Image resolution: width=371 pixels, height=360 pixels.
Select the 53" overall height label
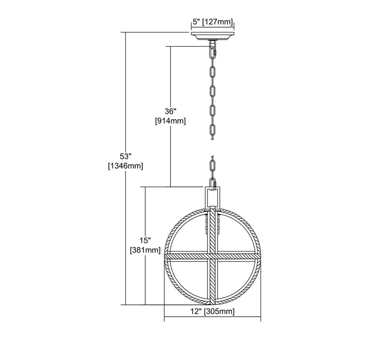point(125,156)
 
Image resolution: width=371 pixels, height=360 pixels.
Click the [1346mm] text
point(125,166)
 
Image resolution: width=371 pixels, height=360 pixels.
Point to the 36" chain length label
point(171,111)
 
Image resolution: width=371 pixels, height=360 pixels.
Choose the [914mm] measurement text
point(171,121)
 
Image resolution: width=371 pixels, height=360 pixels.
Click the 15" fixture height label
point(145,241)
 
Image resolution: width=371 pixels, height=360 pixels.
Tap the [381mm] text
point(145,250)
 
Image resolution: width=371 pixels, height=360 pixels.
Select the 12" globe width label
point(197,311)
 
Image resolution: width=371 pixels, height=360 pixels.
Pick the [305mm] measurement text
point(219,312)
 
